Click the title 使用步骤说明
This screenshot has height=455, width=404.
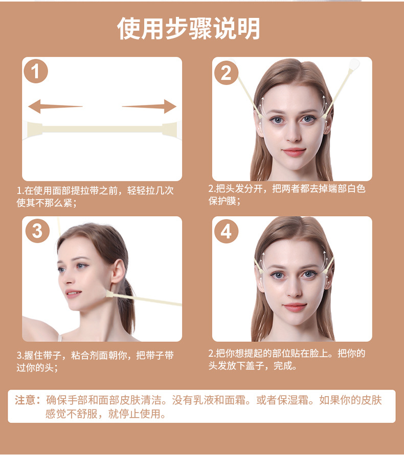click(x=189, y=29)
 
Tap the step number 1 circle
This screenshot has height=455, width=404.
click(x=35, y=72)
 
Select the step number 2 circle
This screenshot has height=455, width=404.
click(x=226, y=73)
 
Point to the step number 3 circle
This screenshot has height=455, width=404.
click(x=37, y=231)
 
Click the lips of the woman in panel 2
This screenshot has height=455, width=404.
click(x=294, y=151)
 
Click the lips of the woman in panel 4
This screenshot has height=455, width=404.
click(x=294, y=307)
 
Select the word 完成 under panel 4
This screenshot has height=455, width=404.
click(x=284, y=366)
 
